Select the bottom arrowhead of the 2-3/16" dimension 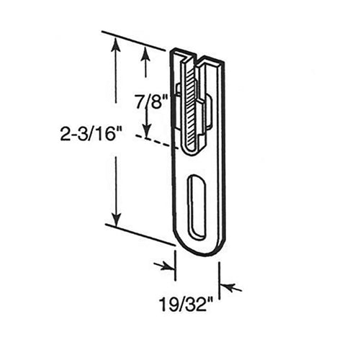[114, 220]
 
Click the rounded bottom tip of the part [200, 253]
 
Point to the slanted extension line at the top [137, 42]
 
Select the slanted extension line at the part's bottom [140, 235]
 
